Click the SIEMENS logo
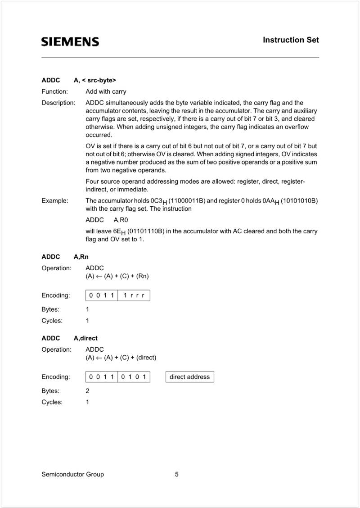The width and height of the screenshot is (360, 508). pos(70,42)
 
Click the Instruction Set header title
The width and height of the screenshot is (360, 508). pos(291,40)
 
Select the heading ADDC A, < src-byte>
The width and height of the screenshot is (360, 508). pos(79,80)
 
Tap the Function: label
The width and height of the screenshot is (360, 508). pos(54,91)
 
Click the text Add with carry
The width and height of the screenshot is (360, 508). pos(106,91)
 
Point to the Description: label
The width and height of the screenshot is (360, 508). pos(58,103)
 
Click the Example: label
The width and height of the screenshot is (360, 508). pos(55,200)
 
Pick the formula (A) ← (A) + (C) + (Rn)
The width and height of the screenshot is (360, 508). pos(117,276)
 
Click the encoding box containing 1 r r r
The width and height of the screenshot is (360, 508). pos(134,295)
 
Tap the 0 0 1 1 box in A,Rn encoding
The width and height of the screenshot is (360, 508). pos(102,295)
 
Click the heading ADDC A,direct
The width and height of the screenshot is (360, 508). pos(69,338)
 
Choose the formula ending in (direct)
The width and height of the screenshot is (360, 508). pos(121,358)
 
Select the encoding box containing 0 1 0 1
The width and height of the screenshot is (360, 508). pos(134,376)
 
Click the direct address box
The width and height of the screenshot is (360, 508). pos(189,376)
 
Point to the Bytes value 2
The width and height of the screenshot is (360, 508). pos(87,391)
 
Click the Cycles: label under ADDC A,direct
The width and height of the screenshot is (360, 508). pos(52,402)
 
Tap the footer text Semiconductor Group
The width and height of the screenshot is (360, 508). pos(72,474)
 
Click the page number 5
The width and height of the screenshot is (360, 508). pos(177,474)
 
